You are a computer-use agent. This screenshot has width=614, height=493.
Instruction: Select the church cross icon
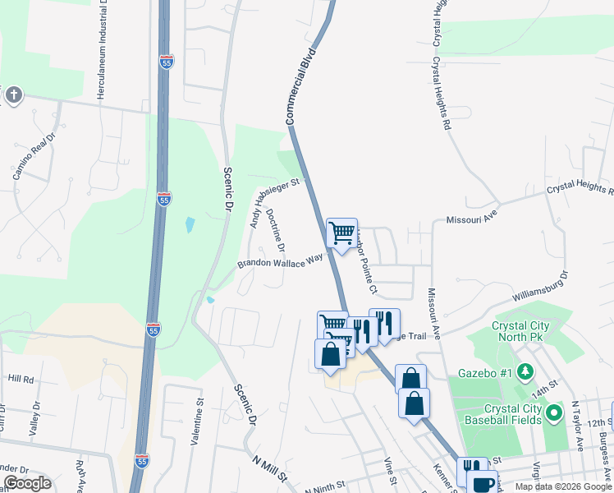pos(13,95)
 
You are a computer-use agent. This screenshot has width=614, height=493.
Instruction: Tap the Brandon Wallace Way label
pos(280,261)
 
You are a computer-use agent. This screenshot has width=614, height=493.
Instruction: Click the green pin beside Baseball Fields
pos(553,413)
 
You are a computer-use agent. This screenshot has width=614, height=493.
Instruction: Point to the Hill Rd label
pos(21,379)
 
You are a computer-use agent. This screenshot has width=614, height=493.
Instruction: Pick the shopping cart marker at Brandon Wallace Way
pos(341,232)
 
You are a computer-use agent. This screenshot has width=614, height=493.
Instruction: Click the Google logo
pos(26,483)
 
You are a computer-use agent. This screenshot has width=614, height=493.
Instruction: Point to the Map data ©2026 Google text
pos(562,486)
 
